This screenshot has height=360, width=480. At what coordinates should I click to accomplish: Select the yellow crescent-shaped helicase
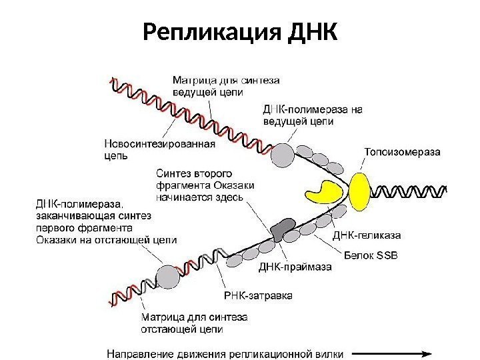(329, 191)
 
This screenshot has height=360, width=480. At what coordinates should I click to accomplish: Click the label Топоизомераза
(401, 151)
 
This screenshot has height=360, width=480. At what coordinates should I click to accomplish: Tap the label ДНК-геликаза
(365, 235)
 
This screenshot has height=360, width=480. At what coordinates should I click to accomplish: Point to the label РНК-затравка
(257, 295)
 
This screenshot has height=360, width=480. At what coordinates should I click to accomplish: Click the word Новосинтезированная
(159, 143)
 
